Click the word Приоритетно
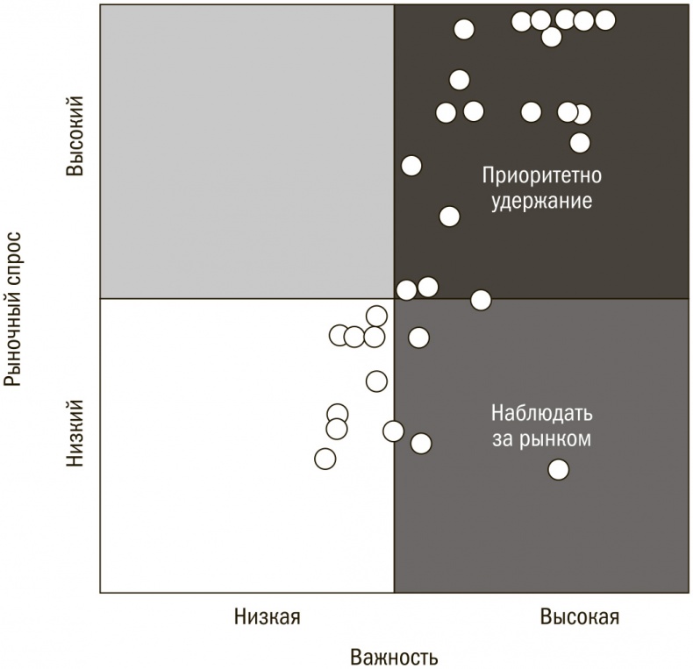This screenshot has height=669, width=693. pos(541,175)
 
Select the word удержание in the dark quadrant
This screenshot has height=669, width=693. pos(541,200)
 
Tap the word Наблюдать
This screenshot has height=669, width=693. pos(541,412)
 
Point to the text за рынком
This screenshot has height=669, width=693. pos(541,438)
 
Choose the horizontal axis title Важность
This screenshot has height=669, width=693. pos(394,657)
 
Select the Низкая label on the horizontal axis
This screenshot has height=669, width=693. pos(267,616)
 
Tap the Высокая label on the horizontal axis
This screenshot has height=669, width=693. pos(579,616)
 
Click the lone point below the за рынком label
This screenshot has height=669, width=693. pos(558,470)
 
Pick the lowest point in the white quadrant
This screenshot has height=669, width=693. pos(325,459)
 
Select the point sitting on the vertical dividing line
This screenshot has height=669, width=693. pos(393,431)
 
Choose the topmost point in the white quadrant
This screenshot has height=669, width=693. pos(376,317)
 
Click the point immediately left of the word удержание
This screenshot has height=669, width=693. pos(449,217)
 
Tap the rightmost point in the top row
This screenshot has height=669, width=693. pos(604,20)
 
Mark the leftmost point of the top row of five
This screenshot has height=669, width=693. pos(522,21)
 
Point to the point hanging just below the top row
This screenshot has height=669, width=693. pos(551,37)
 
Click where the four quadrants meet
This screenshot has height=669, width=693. pos(394,299)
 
